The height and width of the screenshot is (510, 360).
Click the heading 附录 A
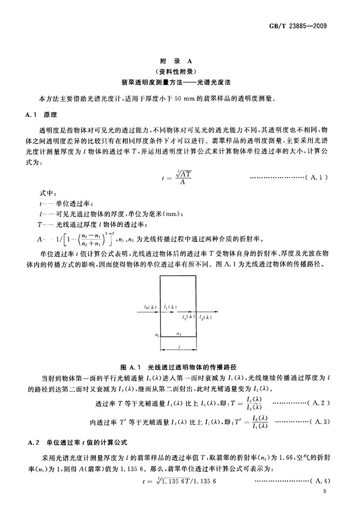[180, 61]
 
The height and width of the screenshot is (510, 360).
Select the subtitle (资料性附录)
[180, 71]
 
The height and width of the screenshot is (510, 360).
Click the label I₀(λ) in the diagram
[150, 307]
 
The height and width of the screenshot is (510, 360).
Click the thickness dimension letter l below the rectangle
[179, 347]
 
